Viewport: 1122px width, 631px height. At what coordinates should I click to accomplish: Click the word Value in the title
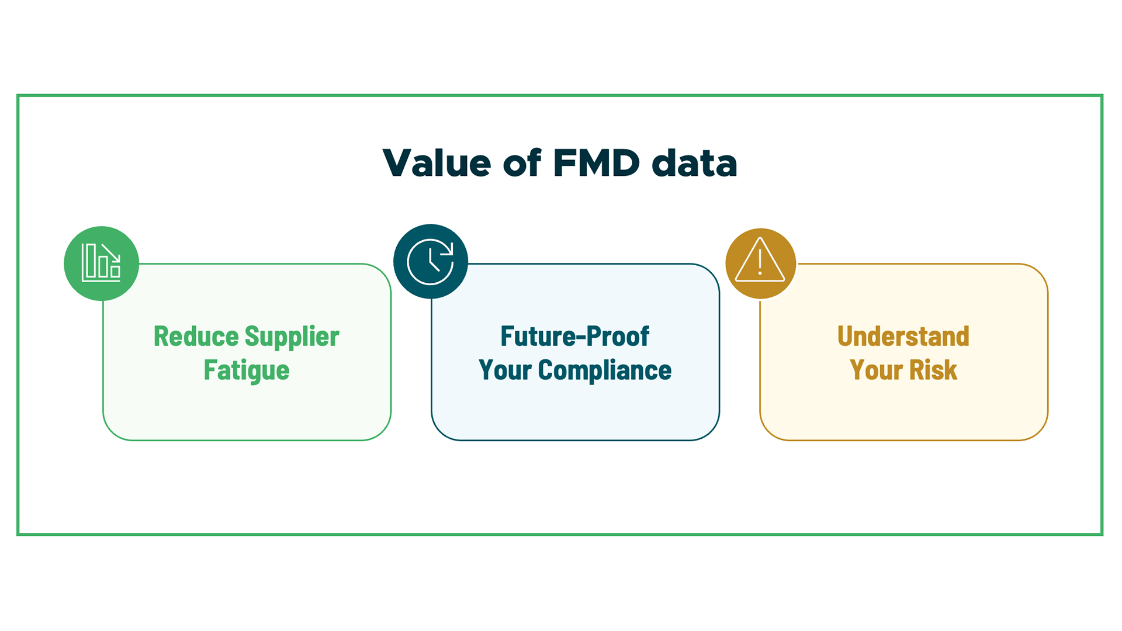[437, 163]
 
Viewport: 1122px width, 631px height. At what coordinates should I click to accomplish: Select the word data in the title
[694, 163]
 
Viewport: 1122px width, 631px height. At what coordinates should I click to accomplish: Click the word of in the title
[522, 163]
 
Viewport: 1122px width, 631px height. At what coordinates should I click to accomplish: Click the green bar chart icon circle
[101, 264]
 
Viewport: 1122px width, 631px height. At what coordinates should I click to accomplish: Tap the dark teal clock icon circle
[431, 261]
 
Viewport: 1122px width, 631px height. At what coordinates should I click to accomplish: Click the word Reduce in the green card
[196, 337]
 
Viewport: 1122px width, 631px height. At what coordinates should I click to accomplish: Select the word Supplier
[292, 337]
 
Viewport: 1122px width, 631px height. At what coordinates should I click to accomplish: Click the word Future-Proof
[574, 337]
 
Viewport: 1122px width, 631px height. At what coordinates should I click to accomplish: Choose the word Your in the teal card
[505, 370]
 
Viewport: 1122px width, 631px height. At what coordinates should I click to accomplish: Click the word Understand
[903, 337]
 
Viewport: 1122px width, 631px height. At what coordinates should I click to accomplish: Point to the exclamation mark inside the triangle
[760, 262]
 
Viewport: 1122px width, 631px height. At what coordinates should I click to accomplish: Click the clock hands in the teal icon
[433, 261]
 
